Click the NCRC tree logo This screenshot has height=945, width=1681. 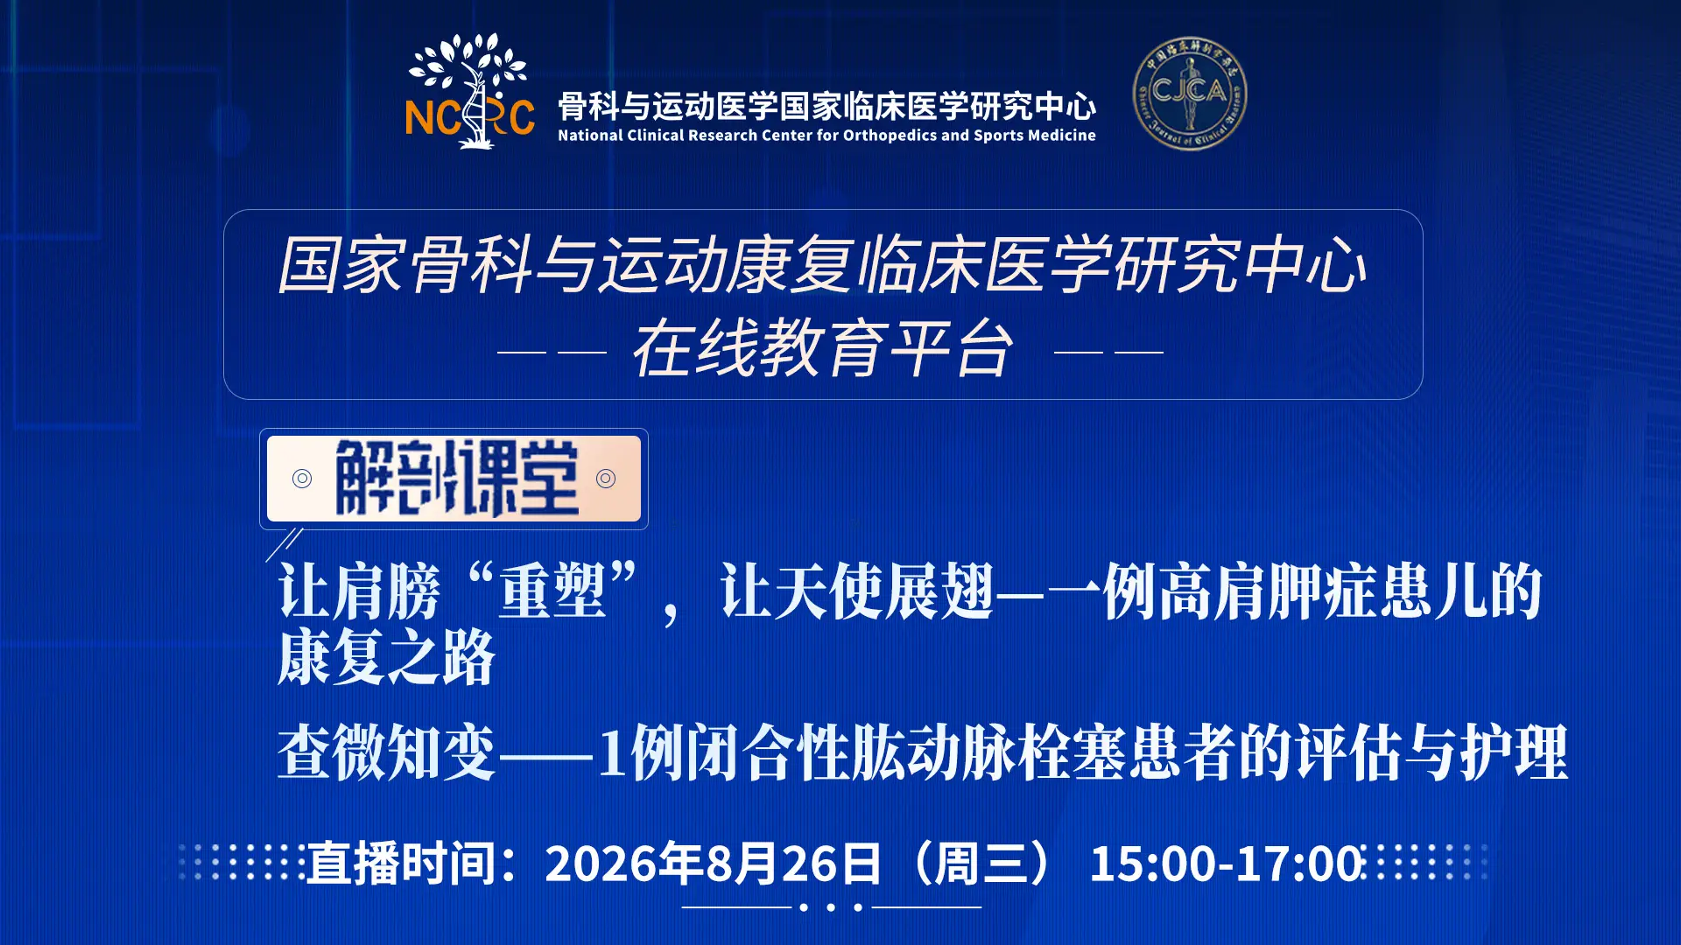(x=469, y=91)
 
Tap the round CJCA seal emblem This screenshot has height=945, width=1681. (x=1189, y=93)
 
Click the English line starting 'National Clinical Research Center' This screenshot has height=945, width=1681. (x=826, y=136)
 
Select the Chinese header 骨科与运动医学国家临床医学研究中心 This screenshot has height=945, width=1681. (x=826, y=106)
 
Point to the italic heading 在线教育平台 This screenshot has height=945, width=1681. (x=823, y=348)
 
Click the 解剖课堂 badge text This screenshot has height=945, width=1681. (x=457, y=478)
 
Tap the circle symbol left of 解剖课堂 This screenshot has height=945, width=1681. (x=302, y=478)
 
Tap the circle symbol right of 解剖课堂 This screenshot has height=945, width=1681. (x=606, y=478)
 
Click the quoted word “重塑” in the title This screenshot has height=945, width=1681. (x=552, y=591)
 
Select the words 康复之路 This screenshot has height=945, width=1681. (x=387, y=658)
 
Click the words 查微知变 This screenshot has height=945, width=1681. (x=387, y=752)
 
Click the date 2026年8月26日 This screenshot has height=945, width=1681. (x=713, y=864)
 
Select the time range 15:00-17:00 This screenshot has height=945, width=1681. (x=1227, y=864)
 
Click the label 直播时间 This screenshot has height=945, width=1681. (x=401, y=864)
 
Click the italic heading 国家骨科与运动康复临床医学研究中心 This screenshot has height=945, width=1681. (x=823, y=265)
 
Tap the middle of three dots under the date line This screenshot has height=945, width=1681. (x=831, y=907)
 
